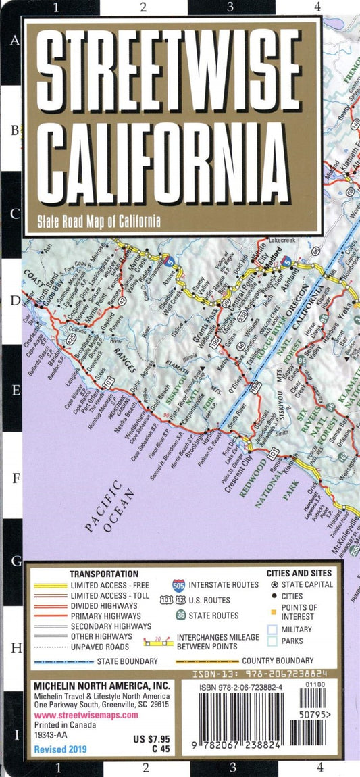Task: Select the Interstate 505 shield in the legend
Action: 178,584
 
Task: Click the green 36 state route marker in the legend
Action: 180,616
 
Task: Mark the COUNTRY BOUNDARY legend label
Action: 278,661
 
